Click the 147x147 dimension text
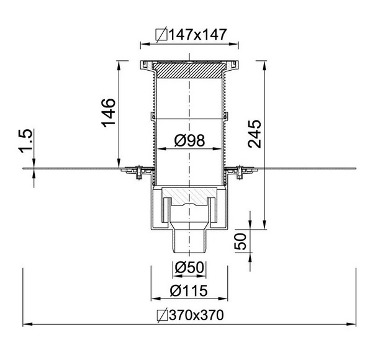(x=198, y=34)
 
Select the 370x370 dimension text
(x=196, y=315)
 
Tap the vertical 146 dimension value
(x=109, y=113)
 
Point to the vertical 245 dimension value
(x=255, y=134)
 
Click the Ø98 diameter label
(x=190, y=140)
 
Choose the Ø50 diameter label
(x=189, y=268)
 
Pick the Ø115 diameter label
(x=189, y=290)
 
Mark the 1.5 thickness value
(x=25, y=141)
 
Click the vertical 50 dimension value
(x=240, y=241)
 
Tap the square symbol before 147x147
(x=161, y=34)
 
